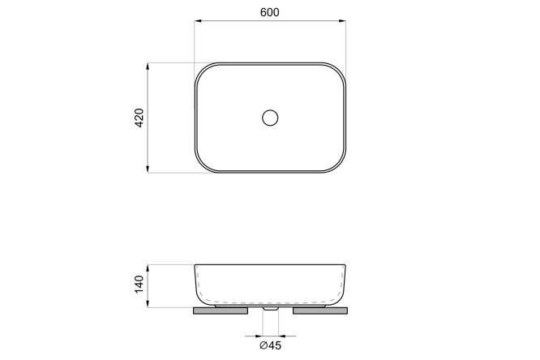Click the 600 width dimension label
tap(270, 12)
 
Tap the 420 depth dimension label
tap(139, 118)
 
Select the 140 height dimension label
tap(139, 285)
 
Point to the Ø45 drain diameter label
tap(270, 345)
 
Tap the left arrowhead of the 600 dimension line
tap(198, 21)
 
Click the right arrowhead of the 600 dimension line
tap(342, 21)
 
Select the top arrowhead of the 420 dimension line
tap(148, 66)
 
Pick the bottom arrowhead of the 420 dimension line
tap(148, 169)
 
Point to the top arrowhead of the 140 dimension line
tap(148, 268)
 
